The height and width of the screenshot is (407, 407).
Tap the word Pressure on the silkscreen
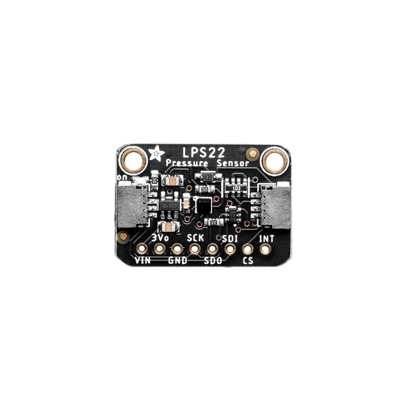[x=187, y=163]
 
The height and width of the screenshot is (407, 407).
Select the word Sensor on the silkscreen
[x=232, y=163]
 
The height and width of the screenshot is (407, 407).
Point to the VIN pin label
[x=143, y=261]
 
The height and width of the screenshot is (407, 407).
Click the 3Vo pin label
[x=160, y=237]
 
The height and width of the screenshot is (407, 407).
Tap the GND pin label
[x=177, y=261]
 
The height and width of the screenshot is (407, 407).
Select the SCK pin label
[x=195, y=237]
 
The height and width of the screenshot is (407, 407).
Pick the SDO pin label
[x=213, y=261]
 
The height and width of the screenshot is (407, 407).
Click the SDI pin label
[x=231, y=237]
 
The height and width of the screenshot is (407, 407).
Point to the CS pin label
[x=248, y=261]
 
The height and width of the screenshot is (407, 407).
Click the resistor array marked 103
[x=236, y=188]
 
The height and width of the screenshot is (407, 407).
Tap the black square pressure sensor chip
[x=203, y=205]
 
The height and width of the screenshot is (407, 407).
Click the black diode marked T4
[x=208, y=176]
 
